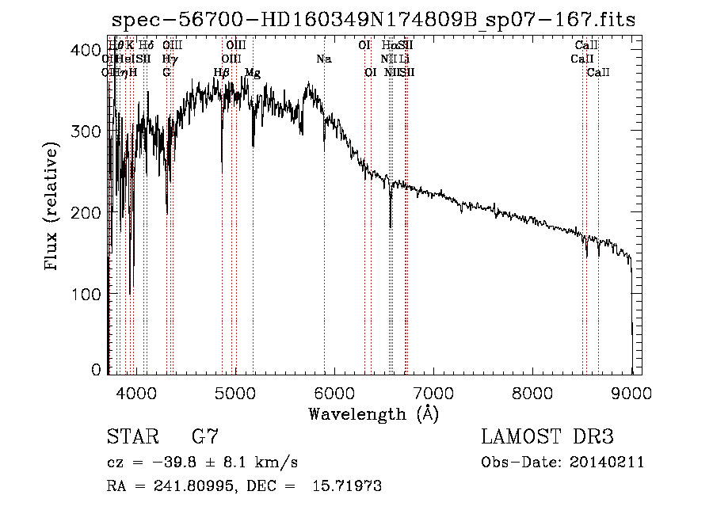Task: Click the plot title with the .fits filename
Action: tap(373, 20)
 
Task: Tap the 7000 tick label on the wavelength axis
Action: tap(433, 391)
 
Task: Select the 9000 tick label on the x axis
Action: tap(631, 391)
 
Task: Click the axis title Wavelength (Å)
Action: tap(372, 413)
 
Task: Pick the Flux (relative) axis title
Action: tap(52, 208)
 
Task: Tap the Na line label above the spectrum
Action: tap(323, 59)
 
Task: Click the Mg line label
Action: tap(253, 72)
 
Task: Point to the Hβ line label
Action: tap(222, 72)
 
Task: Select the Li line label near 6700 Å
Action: tap(404, 59)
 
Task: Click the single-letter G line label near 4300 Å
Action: tap(166, 72)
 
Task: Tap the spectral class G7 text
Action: tap(204, 436)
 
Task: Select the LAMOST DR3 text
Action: tap(547, 436)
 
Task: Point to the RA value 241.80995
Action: tap(195, 486)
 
